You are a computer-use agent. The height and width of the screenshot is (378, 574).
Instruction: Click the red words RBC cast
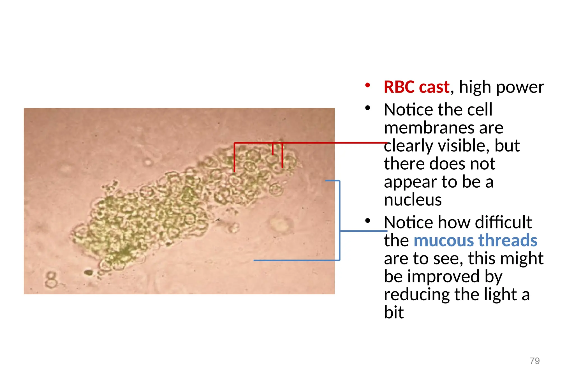(416, 87)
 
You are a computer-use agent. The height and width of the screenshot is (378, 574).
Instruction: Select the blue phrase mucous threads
(475, 240)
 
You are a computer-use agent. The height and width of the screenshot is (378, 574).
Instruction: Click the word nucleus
(413, 200)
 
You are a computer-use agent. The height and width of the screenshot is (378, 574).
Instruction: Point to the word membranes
(443, 128)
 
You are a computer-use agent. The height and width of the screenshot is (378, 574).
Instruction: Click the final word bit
(394, 312)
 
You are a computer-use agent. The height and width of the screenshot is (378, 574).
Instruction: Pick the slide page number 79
(534, 361)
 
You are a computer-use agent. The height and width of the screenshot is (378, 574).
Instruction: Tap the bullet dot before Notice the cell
(368, 108)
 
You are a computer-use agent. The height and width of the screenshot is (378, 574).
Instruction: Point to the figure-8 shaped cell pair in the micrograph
(51, 279)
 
